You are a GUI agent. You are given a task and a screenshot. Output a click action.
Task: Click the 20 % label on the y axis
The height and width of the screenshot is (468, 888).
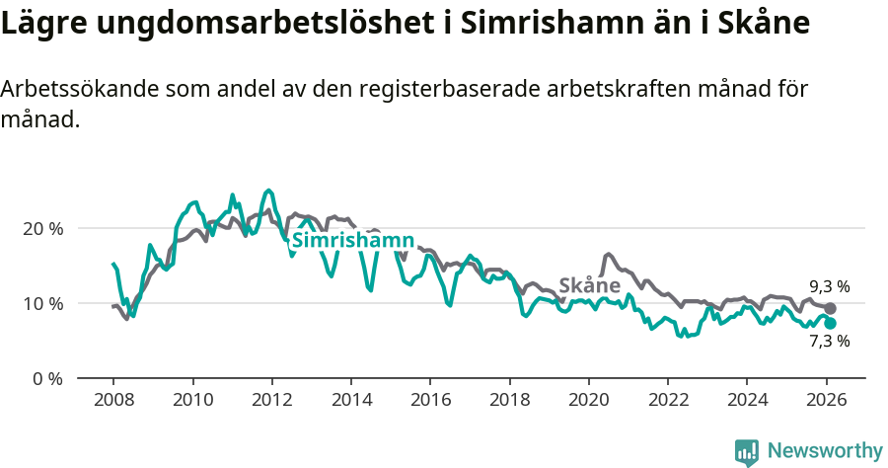pos(42,228)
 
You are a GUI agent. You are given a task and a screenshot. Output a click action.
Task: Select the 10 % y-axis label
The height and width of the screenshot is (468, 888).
pos(42,303)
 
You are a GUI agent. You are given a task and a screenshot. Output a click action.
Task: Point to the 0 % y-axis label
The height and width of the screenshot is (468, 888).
pos(47,378)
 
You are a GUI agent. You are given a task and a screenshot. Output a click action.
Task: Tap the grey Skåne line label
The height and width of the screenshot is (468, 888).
pos(589,285)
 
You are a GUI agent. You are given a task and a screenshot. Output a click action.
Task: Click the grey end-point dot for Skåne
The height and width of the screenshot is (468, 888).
pos(830,309)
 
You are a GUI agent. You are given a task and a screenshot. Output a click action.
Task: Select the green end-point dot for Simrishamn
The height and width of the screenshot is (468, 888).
pos(830,323)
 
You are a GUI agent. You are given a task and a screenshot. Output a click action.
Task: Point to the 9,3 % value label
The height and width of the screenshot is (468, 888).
pos(829,287)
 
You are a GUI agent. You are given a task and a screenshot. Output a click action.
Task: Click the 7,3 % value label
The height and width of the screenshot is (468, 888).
pos(829,342)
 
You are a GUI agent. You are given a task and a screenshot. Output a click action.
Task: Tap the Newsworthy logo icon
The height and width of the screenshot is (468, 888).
pos(747,452)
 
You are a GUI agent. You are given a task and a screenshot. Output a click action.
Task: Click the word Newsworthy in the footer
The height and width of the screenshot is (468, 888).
pos(825,451)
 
